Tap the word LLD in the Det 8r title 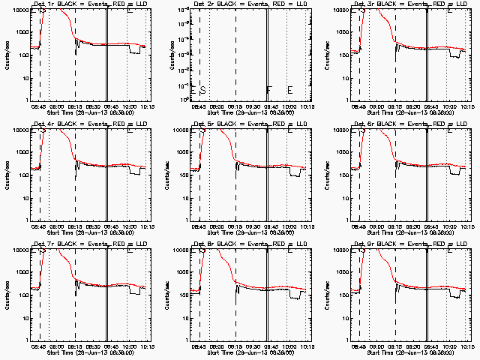click(292, 243)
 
